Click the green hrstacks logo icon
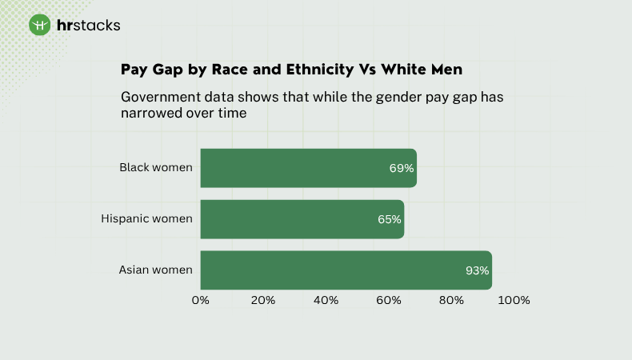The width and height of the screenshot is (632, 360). click(x=40, y=25)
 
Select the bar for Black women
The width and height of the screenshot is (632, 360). click(x=308, y=168)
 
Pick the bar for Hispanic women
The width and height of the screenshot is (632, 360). click(x=302, y=219)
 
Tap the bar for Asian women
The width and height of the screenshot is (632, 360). click(x=346, y=270)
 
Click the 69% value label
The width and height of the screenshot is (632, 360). click(x=401, y=168)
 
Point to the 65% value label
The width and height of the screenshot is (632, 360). click(x=389, y=219)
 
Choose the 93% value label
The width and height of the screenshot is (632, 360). click(x=477, y=270)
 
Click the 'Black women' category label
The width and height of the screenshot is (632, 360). click(x=156, y=167)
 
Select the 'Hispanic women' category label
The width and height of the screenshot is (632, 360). click(x=146, y=218)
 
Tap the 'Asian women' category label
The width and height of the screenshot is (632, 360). click(x=156, y=270)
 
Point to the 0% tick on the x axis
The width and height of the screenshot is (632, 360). click(x=200, y=301)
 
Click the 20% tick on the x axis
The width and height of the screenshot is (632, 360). click(x=263, y=301)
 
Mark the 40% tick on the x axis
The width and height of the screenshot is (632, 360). click(x=326, y=301)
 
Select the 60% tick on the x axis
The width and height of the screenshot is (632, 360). click(x=389, y=301)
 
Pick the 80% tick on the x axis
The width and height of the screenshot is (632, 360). click(x=452, y=301)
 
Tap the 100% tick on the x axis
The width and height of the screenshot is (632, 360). click(x=514, y=301)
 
